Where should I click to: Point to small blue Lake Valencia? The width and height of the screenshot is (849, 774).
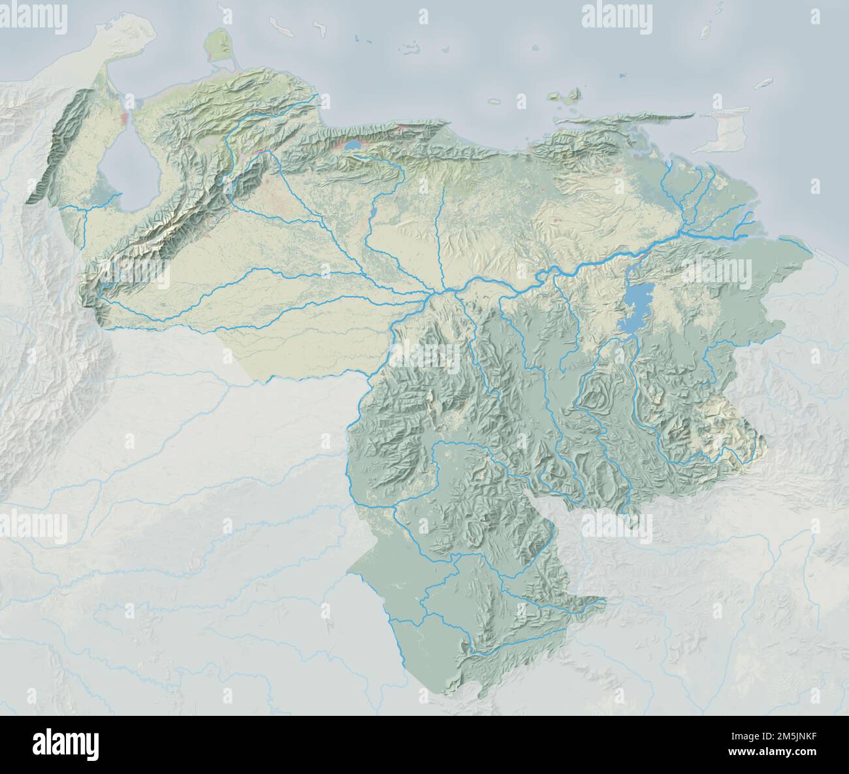pyautogui.click(x=353, y=145)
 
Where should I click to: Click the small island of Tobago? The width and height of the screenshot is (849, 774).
pyautogui.click(x=763, y=84)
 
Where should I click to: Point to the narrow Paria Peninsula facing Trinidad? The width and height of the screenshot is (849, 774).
pyautogui.click(x=640, y=118)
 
